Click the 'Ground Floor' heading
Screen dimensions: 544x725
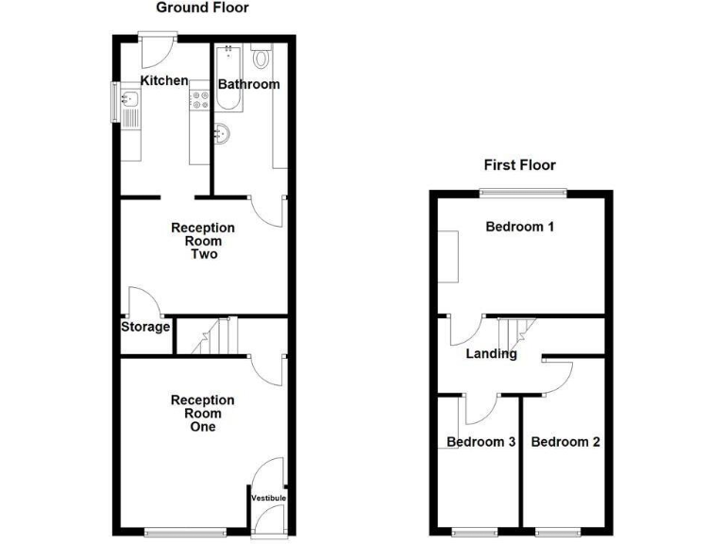(202, 8)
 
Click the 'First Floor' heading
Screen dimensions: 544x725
(518, 164)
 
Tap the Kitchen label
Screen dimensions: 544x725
(164, 80)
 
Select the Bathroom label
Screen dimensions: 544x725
(249, 84)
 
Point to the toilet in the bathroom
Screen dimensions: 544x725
(261, 58)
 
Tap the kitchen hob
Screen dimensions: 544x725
(199, 98)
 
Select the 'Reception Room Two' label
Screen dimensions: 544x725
(203, 241)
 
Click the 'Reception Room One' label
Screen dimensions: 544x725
(202, 414)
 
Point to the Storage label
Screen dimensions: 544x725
(145, 328)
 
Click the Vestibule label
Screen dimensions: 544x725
(267, 497)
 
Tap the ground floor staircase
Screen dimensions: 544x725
(211, 337)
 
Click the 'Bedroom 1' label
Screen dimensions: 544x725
(519, 227)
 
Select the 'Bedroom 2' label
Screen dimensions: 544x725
(565, 441)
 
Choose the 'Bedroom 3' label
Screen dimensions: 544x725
(481, 441)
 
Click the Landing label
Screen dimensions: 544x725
(492, 354)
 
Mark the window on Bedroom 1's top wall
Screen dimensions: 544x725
(522, 193)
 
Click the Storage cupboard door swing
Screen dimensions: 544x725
(143, 302)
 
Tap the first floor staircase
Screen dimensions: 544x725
(515, 331)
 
